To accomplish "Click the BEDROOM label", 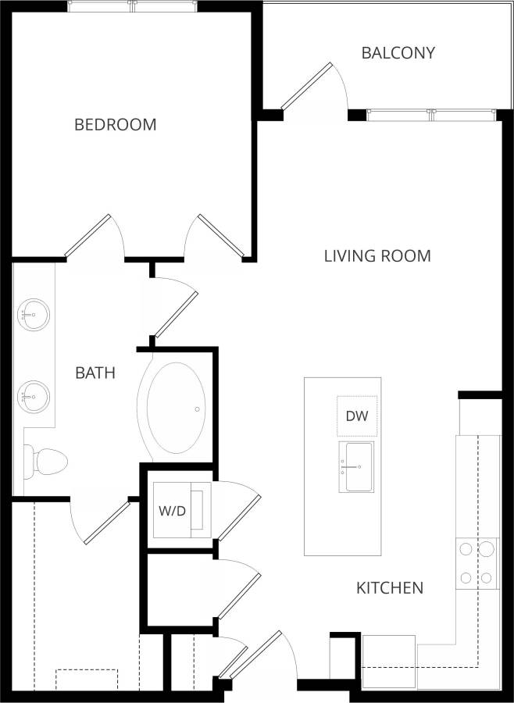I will click(x=115, y=124).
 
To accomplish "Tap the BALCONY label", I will click(x=398, y=53).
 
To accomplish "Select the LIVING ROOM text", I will click(x=377, y=255).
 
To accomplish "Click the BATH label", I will click(x=95, y=373).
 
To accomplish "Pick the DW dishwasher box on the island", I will click(x=358, y=416).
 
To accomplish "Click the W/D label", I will click(x=172, y=512).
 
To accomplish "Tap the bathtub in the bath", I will click(x=177, y=408).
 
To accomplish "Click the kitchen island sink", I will click(x=356, y=467).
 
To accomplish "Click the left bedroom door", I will click(x=87, y=236).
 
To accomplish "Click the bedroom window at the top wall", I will click(x=132, y=7).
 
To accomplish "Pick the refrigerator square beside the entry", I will click(x=388, y=661).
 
